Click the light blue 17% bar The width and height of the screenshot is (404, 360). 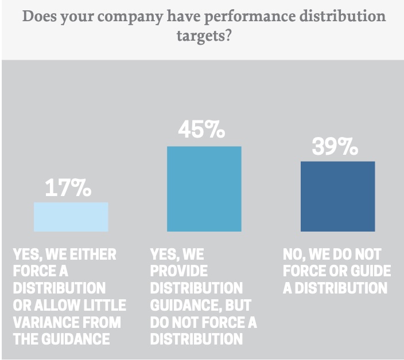pyautogui.click(x=71, y=217)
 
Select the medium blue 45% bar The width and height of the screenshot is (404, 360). pyautogui.click(x=204, y=189)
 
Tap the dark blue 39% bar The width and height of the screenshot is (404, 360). pyautogui.click(x=337, y=196)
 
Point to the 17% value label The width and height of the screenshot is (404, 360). pyautogui.click(x=68, y=188)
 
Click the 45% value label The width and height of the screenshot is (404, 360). pyautogui.click(x=201, y=131)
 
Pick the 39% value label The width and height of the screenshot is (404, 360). pyautogui.click(x=335, y=147)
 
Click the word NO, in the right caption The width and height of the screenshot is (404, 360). pyautogui.click(x=294, y=254)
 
